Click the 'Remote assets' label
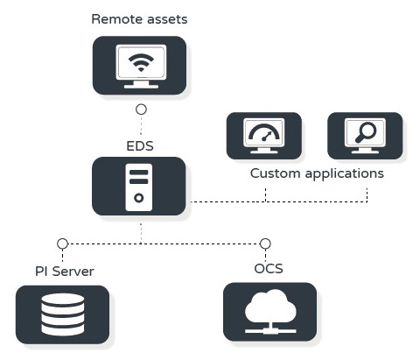(x=139, y=19)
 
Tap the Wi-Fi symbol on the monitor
(x=141, y=63)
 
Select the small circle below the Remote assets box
(x=141, y=109)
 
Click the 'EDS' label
(x=140, y=146)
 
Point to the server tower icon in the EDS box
(x=139, y=187)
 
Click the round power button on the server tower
(x=139, y=198)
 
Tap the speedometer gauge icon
(x=264, y=133)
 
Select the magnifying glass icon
(x=366, y=132)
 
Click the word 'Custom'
(x=275, y=173)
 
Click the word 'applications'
(x=345, y=173)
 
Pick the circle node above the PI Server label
(x=62, y=244)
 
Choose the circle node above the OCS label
(x=265, y=244)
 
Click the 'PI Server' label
(x=65, y=272)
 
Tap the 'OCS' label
(x=269, y=269)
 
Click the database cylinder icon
(x=63, y=314)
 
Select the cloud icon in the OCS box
(x=270, y=311)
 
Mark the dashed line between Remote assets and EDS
(x=141, y=124)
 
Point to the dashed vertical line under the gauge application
(x=265, y=195)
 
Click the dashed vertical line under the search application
(x=367, y=195)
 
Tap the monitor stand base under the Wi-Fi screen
(x=141, y=86)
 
